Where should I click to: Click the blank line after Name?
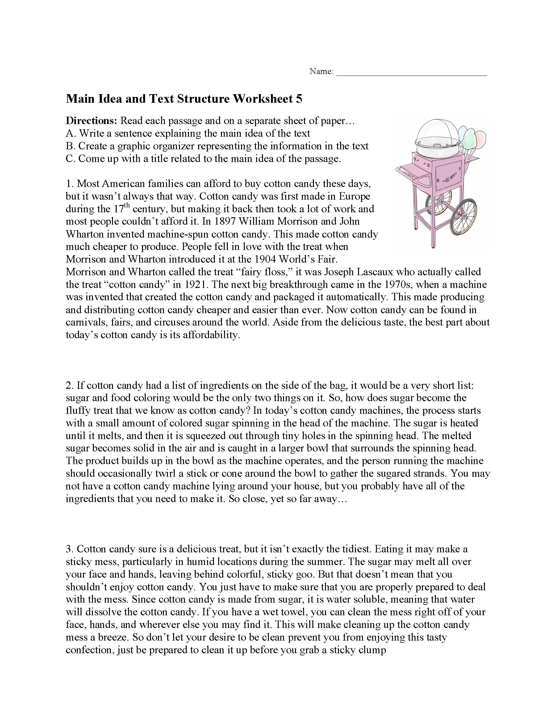[x=411, y=72]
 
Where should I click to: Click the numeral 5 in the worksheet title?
[x=299, y=99]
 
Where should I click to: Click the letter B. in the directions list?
[x=70, y=146]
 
